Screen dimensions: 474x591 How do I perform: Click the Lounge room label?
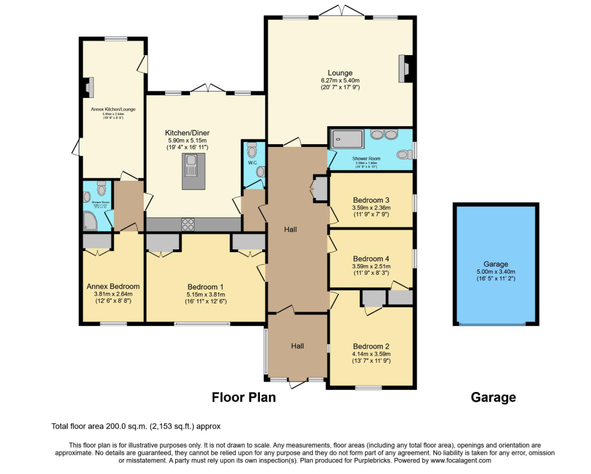[x=340, y=73]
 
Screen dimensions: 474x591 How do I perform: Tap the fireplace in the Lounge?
[x=405, y=68]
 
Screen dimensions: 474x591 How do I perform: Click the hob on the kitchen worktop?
[x=188, y=225]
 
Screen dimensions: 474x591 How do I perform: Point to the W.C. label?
[x=252, y=163]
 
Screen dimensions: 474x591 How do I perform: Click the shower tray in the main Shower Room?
[x=346, y=139]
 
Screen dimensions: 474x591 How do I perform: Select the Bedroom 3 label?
[x=371, y=200]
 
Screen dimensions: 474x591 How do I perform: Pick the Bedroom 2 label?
[x=371, y=346]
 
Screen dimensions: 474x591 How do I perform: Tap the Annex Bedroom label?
[x=113, y=286]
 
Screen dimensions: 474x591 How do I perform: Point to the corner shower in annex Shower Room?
[x=90, y=221]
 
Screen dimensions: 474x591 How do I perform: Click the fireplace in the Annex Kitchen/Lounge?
[x=88, y=87]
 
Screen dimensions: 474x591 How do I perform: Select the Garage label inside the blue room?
[x=496, y=264]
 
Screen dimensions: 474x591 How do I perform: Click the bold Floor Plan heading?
[x=243, y=397]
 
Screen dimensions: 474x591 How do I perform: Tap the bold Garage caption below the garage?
[x=493, y=397]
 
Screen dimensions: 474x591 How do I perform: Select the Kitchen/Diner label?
[x=187, y=133]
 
